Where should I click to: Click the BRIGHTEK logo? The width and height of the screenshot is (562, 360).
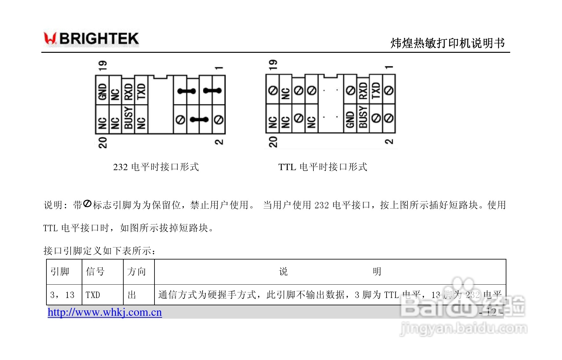pyautogui.click(x=91, y=39)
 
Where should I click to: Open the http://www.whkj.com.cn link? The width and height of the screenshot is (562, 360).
pyautogui.click(x=105, y=312)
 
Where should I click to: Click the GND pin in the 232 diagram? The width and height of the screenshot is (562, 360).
pyautogui.click(x=102, y=91)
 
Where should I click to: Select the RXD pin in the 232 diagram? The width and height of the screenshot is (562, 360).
pyautogui.click(x=128, y=92)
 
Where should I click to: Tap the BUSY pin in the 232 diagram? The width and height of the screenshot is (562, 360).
pyautogui.click(x=128, y=118)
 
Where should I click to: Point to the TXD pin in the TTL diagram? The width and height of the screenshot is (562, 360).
pyautogui.click(x=376, y=90)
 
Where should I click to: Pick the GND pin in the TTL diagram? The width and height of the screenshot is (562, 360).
pyautogui.click(x=350, y=119)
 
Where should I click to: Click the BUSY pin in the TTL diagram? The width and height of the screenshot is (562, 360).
pyautogui.click(x=363, y=117)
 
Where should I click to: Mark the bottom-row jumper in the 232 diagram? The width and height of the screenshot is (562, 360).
pyautogui.click(x=199, y=120)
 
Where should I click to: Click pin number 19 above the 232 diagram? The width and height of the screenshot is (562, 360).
pyautogui.click(x=103, y=66)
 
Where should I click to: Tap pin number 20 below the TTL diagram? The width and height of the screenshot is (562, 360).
pyautogui.click(x=273, y=142)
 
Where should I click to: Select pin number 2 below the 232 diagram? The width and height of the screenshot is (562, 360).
pyautogui.click(x=219, y=142)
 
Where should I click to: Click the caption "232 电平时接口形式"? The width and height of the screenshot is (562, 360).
pyautogui.click(x=156, y=167)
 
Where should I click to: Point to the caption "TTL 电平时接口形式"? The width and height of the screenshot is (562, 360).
pyautogui.click(x=323, y=167)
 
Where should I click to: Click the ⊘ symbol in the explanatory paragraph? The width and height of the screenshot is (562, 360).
pyautogui.click(x=87, y=204)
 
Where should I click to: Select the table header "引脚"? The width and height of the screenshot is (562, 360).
pyautogui.click(x=60, y=272)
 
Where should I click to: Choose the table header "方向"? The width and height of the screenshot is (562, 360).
pyautogui.click(x=136, y=272)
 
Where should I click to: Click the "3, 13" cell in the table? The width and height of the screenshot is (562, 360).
pyautogui.click(x=62, y=295)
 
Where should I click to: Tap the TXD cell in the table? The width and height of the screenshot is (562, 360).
pyautogui.click(x=93, y=295)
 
